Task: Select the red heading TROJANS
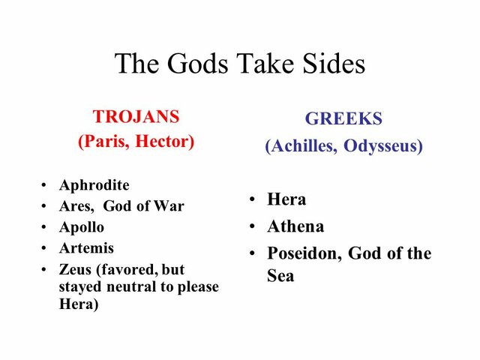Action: click(x=136, y=117)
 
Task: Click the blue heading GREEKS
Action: click(x=343, y=118)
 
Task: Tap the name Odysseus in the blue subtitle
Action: click(x=383, y=145)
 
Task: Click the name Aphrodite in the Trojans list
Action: click(x=94, y=185)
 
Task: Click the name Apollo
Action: click(x=82, y=227)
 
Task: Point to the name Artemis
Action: click(x=86, y=247)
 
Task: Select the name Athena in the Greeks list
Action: click(x=295, y=226)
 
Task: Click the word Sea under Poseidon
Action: click(x=280, y=276)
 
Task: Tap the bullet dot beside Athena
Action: click(x=253, y=227)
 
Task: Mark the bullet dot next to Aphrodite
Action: click(x=45, y=186)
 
